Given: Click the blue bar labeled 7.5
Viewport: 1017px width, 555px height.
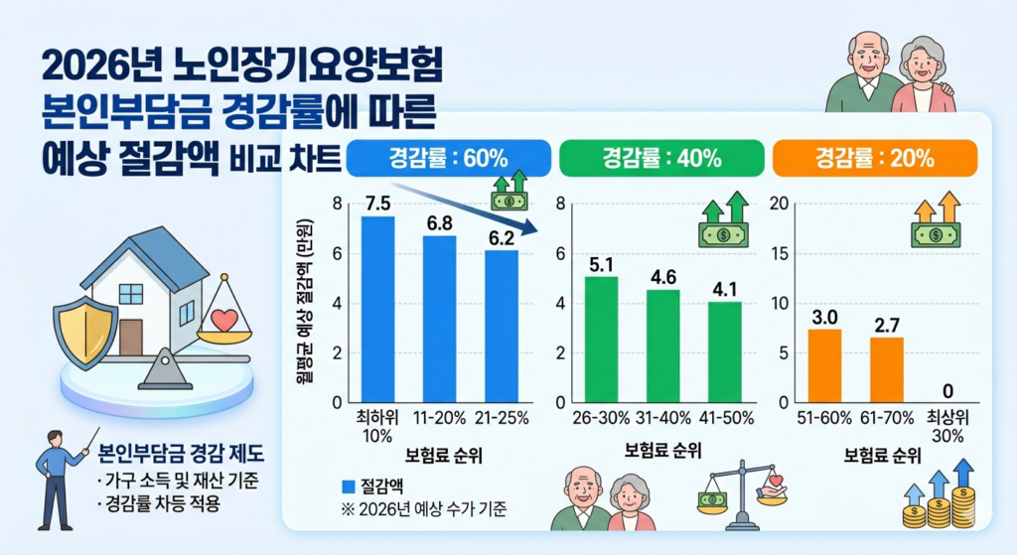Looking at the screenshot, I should point(377,309).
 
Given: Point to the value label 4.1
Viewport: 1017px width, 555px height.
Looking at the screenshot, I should point(724,289).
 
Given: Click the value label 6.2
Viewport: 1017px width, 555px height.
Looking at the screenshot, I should point(502,238).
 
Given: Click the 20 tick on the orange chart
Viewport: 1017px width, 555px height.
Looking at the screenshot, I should point(779,205).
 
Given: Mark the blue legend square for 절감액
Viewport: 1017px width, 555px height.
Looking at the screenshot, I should point(348,486).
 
